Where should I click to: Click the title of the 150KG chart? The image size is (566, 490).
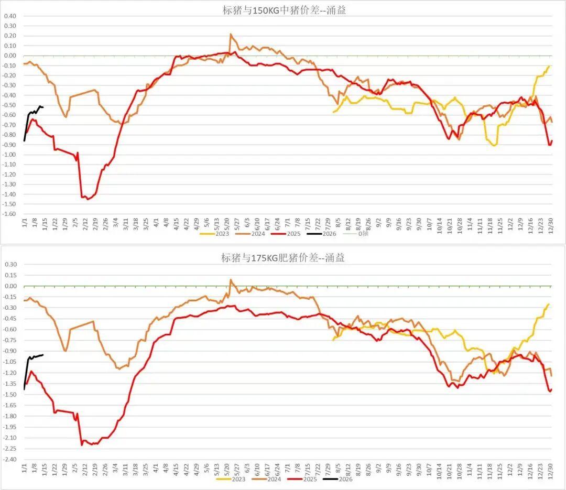(x=282, y=9)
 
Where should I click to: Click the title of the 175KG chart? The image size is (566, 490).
(x=282, y=258)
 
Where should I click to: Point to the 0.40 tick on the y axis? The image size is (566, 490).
(x=10, y=16)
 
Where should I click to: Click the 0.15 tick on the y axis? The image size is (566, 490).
(x=10, y=275)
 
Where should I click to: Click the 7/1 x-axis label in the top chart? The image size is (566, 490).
(x=287, y=223)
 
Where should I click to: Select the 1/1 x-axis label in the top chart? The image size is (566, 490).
(x=24, y=223)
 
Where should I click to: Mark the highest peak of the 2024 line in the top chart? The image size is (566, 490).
(x=231, y=34)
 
